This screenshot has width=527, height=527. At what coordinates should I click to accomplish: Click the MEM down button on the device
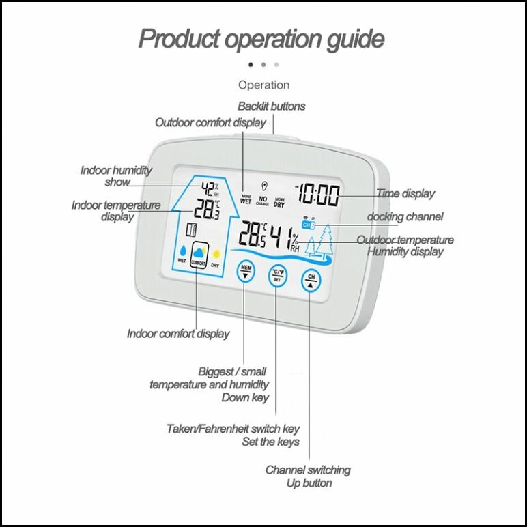246,271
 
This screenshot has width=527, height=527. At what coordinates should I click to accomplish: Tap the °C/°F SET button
277,276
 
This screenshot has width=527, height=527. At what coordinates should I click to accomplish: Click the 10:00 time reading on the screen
318,195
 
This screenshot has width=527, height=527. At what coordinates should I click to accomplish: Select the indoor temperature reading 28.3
207,209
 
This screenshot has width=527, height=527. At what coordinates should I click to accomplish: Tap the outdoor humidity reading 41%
285,238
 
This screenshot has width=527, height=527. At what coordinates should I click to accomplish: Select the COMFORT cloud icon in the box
199,255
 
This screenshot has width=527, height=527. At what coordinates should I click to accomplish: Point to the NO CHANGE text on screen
263,201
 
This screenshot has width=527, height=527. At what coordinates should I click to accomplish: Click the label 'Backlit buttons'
272,106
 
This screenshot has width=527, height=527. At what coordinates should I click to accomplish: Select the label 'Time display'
405,194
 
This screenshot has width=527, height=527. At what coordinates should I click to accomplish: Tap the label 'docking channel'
405,217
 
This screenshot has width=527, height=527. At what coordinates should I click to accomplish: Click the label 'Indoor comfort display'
178,334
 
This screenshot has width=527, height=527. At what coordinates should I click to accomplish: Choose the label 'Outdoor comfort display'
210,122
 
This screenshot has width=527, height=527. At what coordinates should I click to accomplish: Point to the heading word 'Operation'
263,85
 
